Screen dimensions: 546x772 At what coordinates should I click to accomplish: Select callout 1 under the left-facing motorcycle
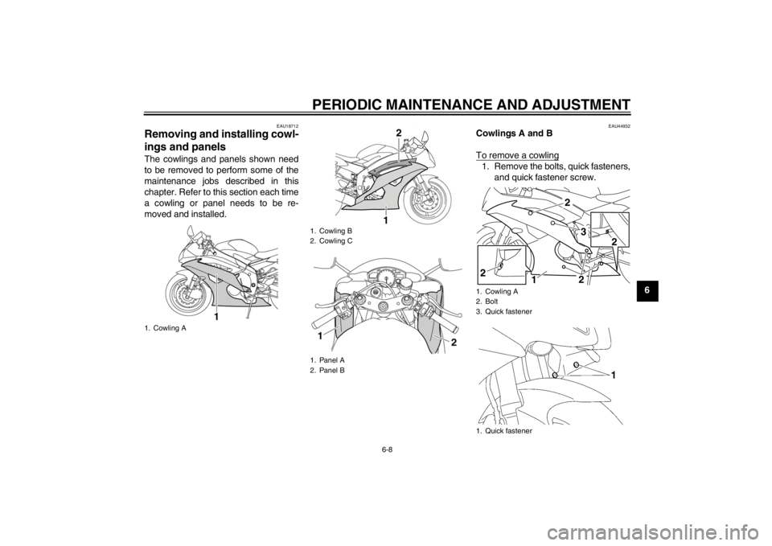(x=216, y=315)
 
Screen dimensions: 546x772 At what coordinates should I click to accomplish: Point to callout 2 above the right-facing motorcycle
(x=397, y=132)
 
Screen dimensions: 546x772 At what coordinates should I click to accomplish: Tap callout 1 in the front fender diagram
(x=614, y=376)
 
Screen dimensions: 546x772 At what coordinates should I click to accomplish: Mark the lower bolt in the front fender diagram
(x=556, y=374)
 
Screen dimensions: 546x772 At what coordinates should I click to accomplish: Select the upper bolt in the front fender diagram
(x=577, y=365)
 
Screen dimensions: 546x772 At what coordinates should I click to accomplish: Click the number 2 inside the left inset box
(x=483, y=273)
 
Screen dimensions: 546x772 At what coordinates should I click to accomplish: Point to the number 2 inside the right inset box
(x=614, y=241)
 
